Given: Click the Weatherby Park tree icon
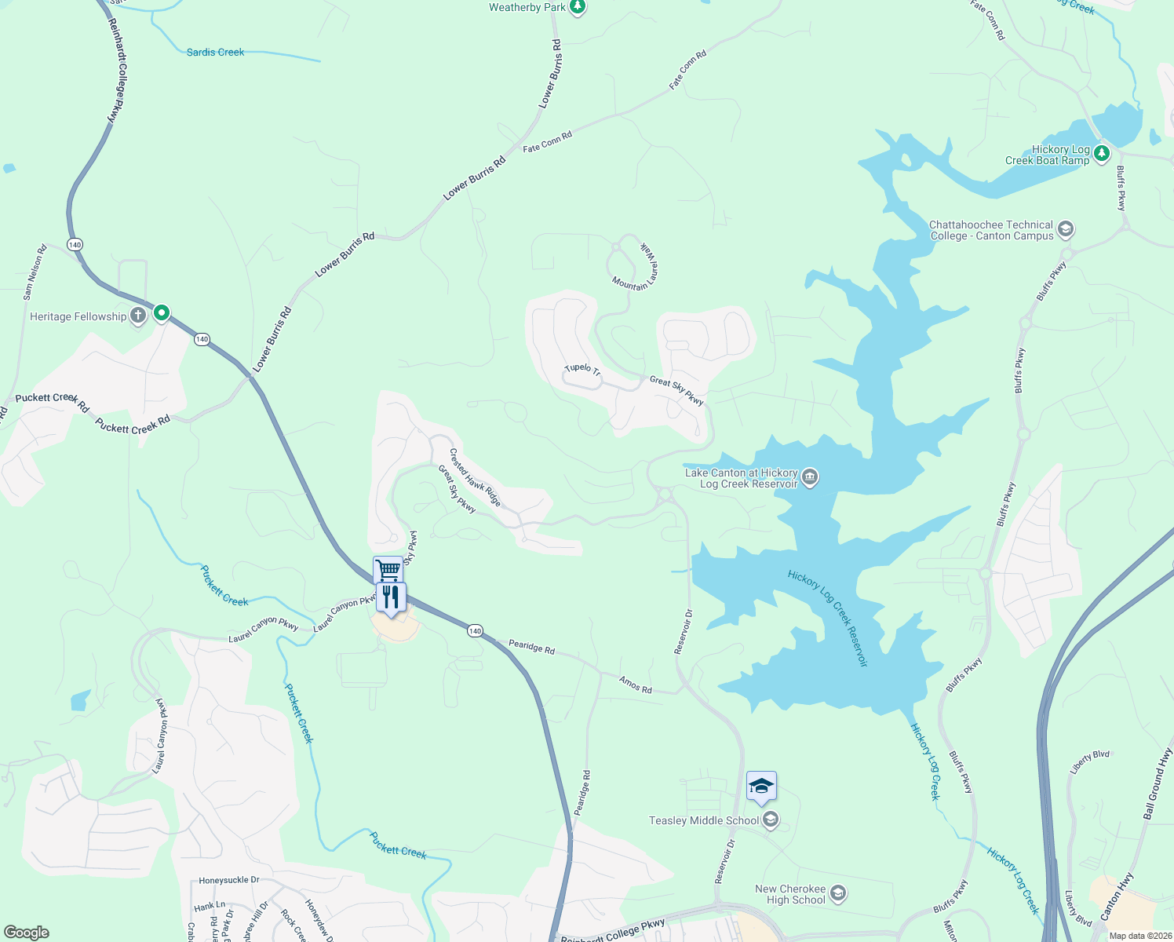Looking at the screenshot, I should (x=578, y=8).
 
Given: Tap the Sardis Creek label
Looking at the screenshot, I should (x=215, y=53).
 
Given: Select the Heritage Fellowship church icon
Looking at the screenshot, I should (x=138, y=316).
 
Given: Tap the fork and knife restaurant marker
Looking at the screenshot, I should (x=391, y=597).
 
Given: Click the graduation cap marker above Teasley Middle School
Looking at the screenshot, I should (x=761, y=787).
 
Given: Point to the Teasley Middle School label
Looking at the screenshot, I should (x=704, y=821).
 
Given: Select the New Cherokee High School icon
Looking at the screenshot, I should (x=838, y=893).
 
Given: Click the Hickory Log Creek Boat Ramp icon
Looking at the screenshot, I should (x=1102, y=152).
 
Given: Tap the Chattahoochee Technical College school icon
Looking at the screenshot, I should (x=1066, y=229).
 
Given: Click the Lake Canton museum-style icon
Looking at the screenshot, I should (x=810, y=477).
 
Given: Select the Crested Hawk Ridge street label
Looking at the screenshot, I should (x=475, y=477).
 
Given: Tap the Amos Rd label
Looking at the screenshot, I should (x=636, y=685).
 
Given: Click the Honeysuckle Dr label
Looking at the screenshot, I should (x=229, y=881).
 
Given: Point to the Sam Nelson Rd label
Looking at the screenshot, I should (x=35, y=272).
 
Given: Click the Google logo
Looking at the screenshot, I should (x=27, y=933).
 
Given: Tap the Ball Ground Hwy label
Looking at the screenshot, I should (x=1158, y=783).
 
